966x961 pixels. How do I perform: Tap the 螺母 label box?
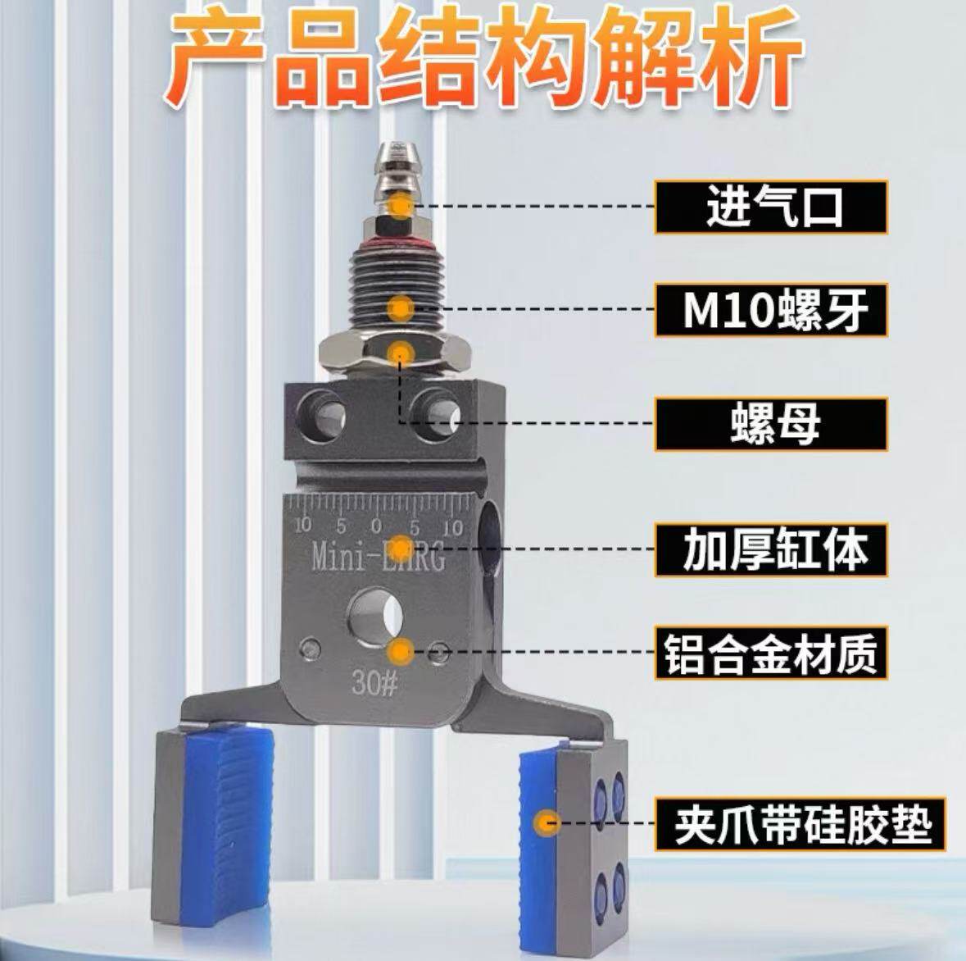771,423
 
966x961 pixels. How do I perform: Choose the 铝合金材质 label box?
771,654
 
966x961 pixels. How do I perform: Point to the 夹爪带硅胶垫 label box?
800,824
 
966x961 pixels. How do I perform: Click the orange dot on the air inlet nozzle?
401,205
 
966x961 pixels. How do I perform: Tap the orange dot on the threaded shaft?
401,309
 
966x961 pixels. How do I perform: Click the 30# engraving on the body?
375,683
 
